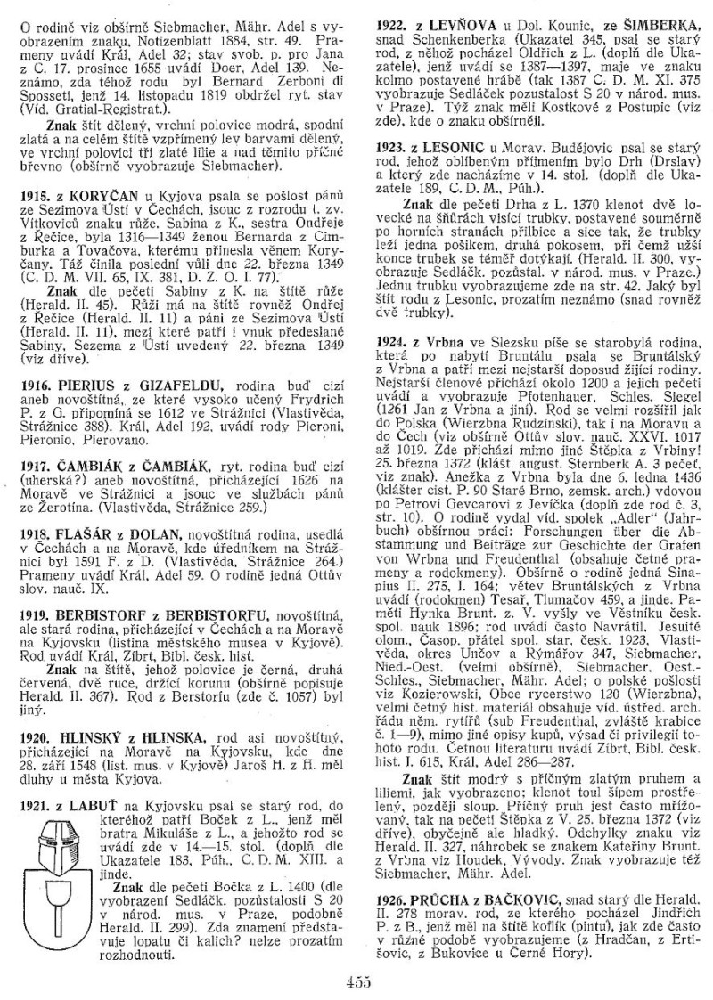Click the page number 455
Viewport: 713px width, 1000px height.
(356, 983)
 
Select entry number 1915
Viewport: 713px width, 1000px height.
(37, 219)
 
